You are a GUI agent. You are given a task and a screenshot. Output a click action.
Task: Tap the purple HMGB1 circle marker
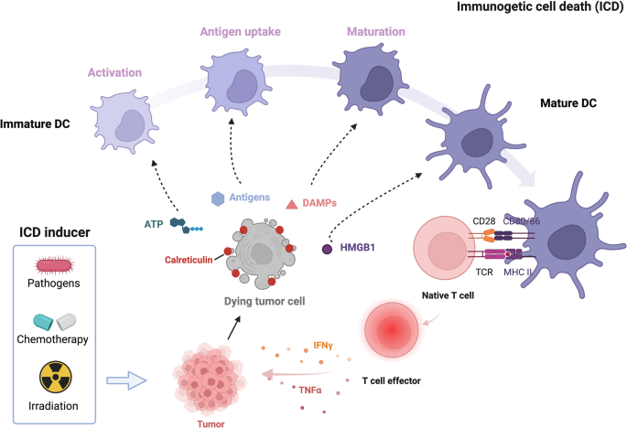click(x=327, y=248)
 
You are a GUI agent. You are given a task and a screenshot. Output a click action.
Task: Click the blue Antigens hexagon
click(x=218, y=198)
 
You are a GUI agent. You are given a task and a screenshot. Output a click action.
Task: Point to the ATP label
click(x=154, y=223)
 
